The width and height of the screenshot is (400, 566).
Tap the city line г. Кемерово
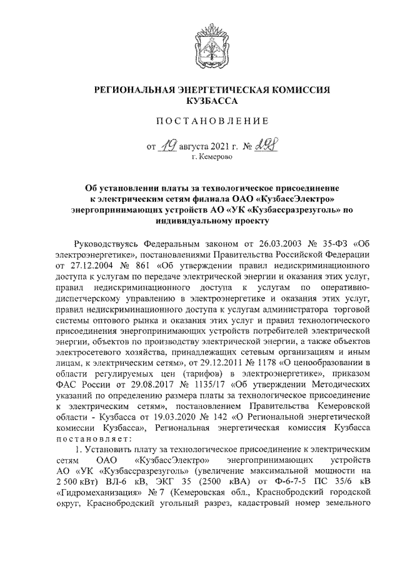[x=212, y=159]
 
